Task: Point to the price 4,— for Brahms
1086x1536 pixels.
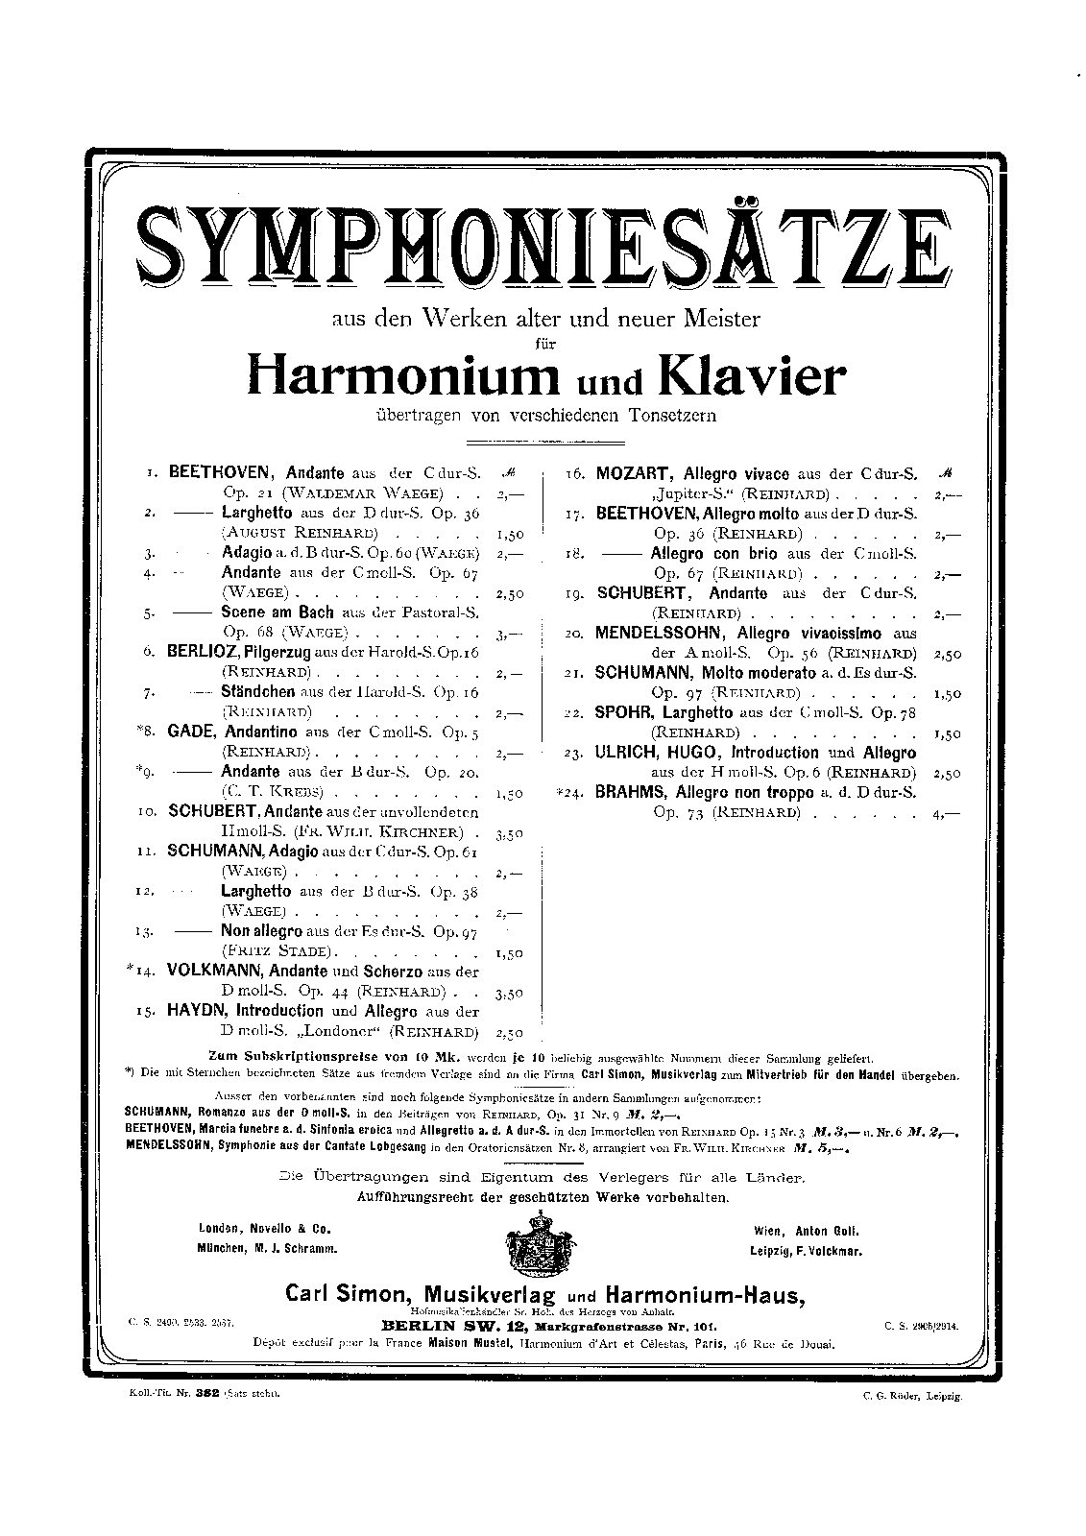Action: pyautogui.click(x=944, y=814)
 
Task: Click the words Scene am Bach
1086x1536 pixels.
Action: pyautogui.click(x=278, y=612)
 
